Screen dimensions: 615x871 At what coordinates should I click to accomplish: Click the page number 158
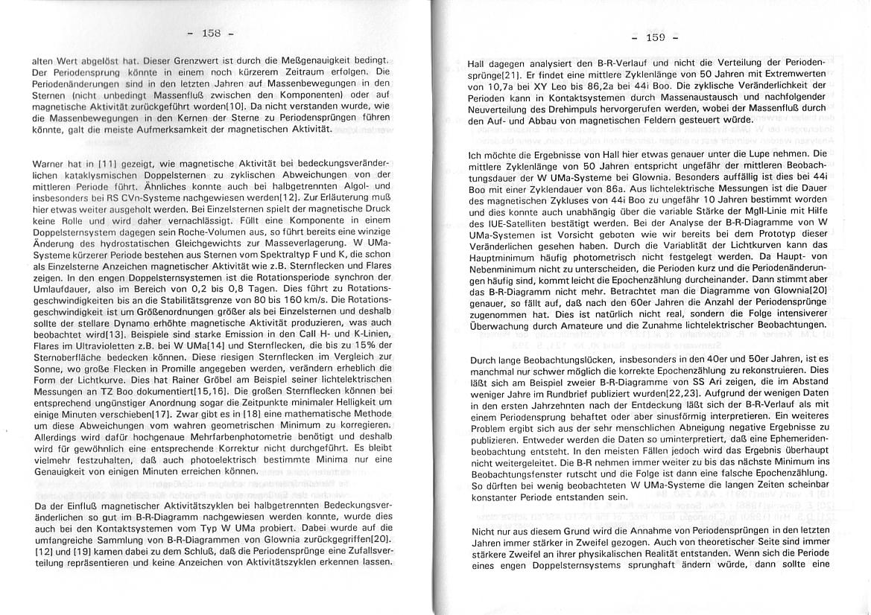(212, 33)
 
